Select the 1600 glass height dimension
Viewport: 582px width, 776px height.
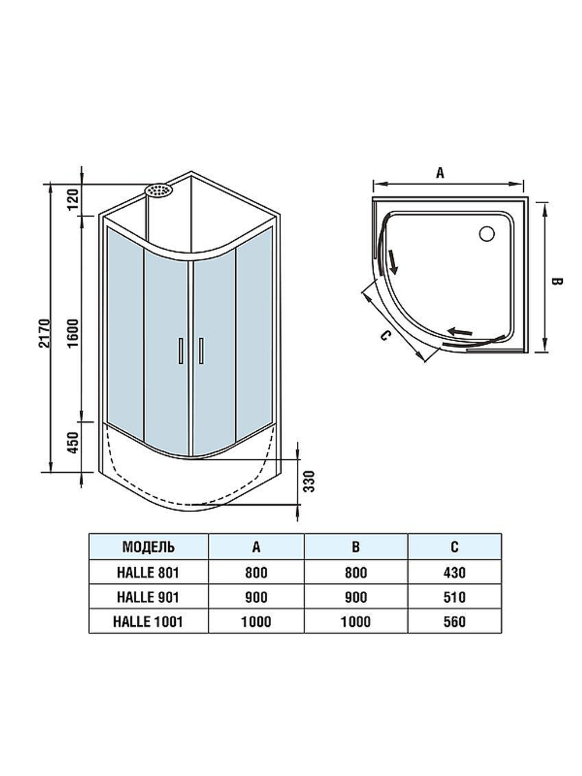pos(73,333)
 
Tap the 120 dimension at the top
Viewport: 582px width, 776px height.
pos(73,200)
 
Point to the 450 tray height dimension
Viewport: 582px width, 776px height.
pos(73,443)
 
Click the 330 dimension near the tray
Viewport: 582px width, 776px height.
pos(310,481)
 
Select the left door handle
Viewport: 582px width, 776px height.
pos(181,351)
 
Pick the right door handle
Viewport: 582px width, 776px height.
pos(201,351)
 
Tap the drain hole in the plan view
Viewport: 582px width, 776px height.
pos(486,234)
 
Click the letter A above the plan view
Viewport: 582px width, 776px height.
pos(441,173)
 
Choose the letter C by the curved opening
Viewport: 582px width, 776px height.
pos(384,336)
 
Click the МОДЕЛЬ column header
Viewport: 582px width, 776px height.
pos(148,547)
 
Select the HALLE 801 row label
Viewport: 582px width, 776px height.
pos(148,572)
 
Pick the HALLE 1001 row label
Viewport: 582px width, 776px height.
pos(148,622)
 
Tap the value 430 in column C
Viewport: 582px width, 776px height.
pos(454,572)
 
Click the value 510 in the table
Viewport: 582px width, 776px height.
pos(454,597)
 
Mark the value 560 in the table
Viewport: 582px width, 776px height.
pos(454,622)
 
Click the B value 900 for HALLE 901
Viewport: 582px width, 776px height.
pos(356,597)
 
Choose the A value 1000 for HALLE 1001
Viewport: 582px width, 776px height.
pos(256,622)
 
